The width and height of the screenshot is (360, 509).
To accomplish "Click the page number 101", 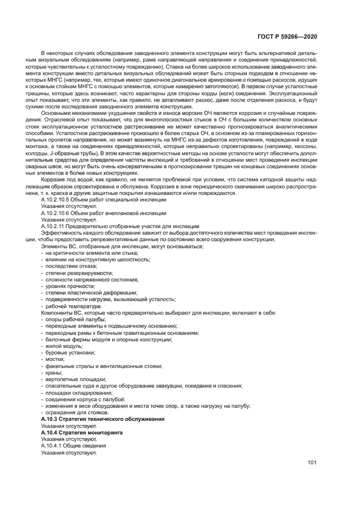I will pos(312,464).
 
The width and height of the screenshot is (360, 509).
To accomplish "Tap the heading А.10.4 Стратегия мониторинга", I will pos(83,432).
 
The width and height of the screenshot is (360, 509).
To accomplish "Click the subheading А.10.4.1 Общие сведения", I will pos(70,445).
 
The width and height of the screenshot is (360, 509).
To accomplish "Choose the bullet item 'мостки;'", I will pos(54,359).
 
